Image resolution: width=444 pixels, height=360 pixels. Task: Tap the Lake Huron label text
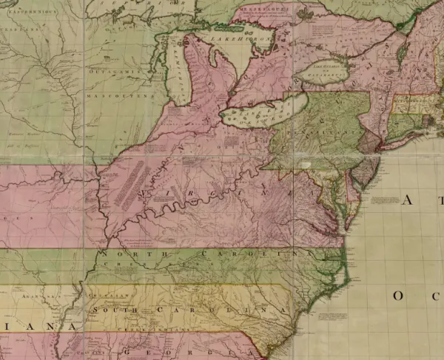pyautogui.click(x=229, y=35)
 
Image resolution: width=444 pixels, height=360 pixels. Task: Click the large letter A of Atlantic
pyautogui.click(x=408, y=200)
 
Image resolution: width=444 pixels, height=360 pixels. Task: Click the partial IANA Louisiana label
pyautogui.click(x=44, y=326)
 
